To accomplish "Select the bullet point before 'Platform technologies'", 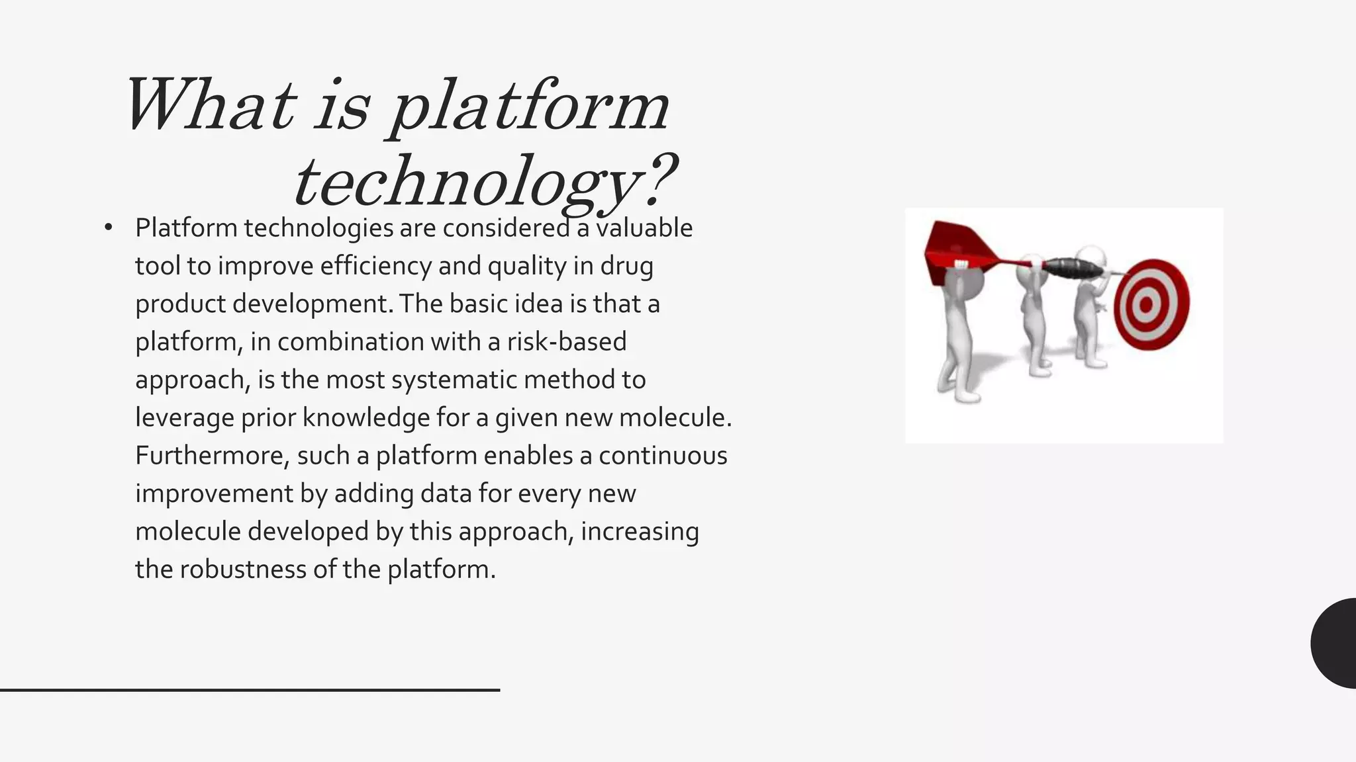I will pos(109,228).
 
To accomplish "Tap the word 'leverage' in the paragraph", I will pos(184,418).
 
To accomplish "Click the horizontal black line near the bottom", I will pos(250,690).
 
